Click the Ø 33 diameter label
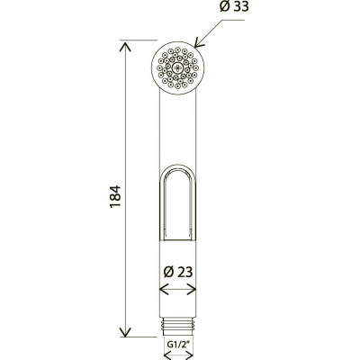point(234,6)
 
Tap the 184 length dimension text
point(115,196)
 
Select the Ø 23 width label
point(178,272)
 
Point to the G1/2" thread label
point(178,344)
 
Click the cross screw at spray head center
point(178,67)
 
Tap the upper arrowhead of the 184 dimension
point(125,48)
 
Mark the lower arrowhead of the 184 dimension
point(125,330)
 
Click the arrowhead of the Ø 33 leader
point(198,43)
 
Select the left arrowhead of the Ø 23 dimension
point(165,290)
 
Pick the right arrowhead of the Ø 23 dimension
point(191,290)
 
